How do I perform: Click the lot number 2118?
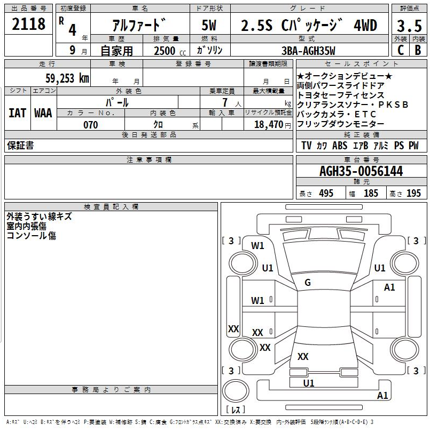click(x=28, y=24)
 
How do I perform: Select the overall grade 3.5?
click(x=409, y=26)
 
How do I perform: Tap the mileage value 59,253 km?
click(x=67, y=78)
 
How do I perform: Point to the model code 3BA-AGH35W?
click(x=308, y=51)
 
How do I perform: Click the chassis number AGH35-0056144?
click(x=361, y=171)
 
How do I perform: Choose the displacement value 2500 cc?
click(x=170, y=51)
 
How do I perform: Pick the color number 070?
click(x=91, y=125)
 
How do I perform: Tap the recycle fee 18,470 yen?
click(x=272, y=125)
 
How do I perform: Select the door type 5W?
click(x=209, y=25)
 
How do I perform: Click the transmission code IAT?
click(x=18, y=113)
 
